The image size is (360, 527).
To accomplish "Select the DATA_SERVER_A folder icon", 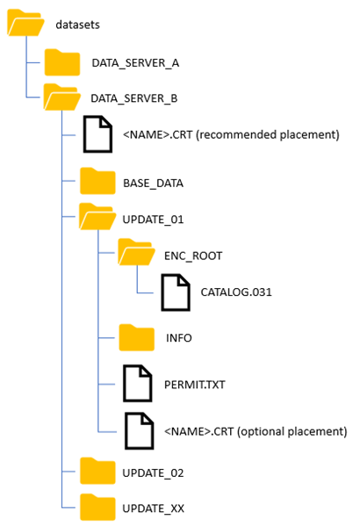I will click(62, 62).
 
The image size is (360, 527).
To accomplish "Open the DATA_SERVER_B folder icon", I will click(62, 97).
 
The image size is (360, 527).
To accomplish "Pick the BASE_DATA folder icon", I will click(97, 182).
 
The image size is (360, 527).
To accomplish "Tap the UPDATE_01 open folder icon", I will click(97, 217).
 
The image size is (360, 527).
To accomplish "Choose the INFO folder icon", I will click(136, 336).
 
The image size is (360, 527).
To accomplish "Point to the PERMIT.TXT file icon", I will click(137, 384).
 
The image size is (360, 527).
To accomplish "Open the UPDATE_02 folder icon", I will click(97, 472).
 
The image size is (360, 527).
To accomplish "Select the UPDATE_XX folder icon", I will click(97, 508).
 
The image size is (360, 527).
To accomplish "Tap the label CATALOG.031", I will click(236, 291).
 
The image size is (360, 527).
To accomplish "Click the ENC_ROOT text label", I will click(193, 256).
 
